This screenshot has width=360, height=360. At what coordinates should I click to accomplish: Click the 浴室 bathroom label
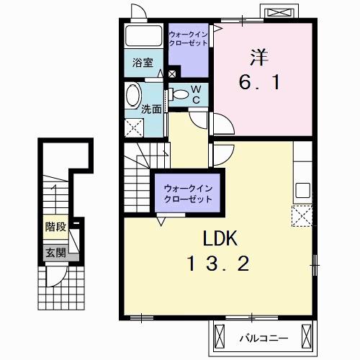click(x=143, y=63)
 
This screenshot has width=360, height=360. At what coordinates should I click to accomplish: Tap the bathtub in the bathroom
click(x=143, y=35)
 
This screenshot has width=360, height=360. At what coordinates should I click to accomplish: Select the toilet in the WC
click(x=179, y=94)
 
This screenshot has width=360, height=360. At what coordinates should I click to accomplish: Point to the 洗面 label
click(x=151, y=109)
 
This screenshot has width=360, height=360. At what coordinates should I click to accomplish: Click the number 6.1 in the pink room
click(x=259, y=82)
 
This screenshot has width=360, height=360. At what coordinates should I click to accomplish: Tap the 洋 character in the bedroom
click(x=259, y=58)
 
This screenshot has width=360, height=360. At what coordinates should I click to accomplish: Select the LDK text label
click(x=220, y=238)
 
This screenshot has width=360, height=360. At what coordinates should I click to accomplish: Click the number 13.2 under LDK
click(x=218, y=264)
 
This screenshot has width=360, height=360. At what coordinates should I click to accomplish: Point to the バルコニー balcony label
click(x=264, y=338)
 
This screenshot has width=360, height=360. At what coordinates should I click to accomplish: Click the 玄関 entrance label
click(x=55, y=253)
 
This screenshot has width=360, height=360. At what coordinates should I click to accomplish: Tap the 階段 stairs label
click(x=55, y=227)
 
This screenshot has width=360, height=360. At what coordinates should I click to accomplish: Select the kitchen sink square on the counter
click(x=302, y=190)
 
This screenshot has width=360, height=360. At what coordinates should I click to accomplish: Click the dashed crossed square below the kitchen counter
click(x=302, y=216)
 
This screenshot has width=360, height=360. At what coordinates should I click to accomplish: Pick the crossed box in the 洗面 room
click(x=134, y=127)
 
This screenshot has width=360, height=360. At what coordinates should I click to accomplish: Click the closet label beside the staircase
click(x=188, y=194)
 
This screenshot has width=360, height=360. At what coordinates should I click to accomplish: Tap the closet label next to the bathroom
click(x=188, y=39)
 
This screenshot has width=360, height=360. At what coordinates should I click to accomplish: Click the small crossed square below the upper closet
click(x=172, y=73)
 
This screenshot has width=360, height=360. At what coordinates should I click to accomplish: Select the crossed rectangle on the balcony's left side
click(x=220, y=338)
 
